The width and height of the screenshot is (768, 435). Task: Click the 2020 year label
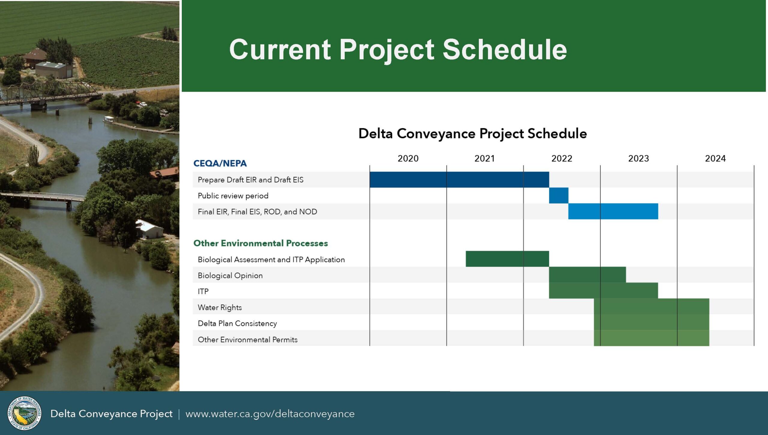[408, 158]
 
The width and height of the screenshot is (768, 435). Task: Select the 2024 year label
[715, 158]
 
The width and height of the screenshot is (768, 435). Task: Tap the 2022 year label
[562, 158]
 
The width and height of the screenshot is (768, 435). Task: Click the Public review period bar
[559, 196]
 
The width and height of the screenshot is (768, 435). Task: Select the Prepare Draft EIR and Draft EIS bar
[459, 180]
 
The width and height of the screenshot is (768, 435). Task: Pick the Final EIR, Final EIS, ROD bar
[613, 211]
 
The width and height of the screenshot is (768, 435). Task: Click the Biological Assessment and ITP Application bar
[507, 259]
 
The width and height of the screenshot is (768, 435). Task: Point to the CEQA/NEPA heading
[220, 163]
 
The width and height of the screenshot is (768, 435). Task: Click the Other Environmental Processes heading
[261, 243]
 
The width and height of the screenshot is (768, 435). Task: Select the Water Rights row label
[220, 307]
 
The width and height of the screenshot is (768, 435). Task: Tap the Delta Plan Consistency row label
[237, 324]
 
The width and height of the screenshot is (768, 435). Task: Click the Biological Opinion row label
[230, 275]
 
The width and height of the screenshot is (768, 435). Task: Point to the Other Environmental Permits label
[247, 339]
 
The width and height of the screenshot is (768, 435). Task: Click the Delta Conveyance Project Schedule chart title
[472, 133]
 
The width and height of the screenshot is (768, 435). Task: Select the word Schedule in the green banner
[505, 50]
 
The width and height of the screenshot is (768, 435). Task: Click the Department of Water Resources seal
[25, 413]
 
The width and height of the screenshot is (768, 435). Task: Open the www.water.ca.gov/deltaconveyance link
[270, 414]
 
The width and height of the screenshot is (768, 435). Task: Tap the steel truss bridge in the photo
[49, 93]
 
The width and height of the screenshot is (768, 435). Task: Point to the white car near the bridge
[143, 104]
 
